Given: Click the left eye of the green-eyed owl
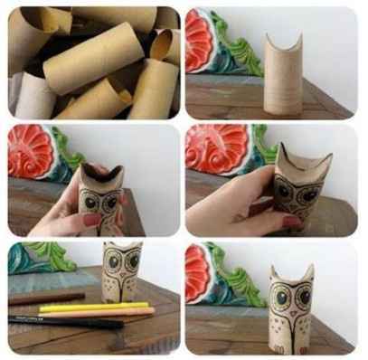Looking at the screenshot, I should (279, 296).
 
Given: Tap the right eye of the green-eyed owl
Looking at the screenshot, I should (304, 296).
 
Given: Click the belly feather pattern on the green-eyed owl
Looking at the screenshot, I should (291, 327).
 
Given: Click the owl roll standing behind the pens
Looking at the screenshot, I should (122, 272).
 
